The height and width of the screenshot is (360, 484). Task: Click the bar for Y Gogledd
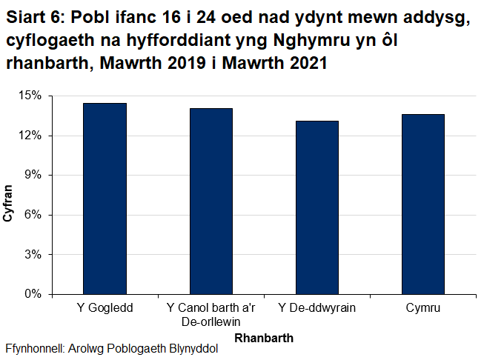pyautogui.click(x=105, y=199)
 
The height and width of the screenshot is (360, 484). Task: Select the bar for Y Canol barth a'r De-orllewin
pyautogui.click(x=210, y=201)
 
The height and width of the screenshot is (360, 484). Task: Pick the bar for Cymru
pyautogui.click(x=422, y=204)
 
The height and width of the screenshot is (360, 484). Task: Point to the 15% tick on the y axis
pyautogui.click(x=31, y=96)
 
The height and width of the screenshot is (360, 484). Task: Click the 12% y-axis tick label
pyautogui.click(x=31, y=136)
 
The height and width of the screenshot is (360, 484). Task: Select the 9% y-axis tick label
pyautogui.click(x=34, y=175)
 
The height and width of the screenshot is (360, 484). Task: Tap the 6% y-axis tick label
pyautogui.click(x=34, y=215)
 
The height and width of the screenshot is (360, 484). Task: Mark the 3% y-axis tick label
pyautogui.click(x=34, y=254)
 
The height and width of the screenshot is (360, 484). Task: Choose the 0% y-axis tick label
pyautogui.click(x=34, y=294)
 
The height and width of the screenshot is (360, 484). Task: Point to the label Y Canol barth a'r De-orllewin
pyautogui.click(x=210, y=314)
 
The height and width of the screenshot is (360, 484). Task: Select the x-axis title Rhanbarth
pyautogui.click(x=263, y=338)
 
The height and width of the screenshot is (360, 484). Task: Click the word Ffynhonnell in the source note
pyautogui.click(x=34, y=349)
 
